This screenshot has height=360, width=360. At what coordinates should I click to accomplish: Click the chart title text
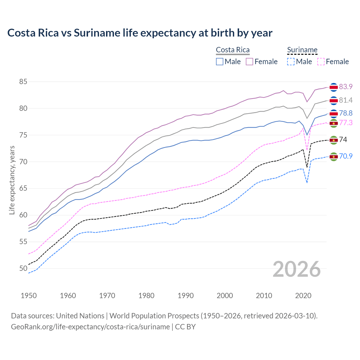pyautogui.click(x=140, y=33)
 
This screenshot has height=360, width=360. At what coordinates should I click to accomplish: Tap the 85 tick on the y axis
pyautogui.click(x=23, y=82)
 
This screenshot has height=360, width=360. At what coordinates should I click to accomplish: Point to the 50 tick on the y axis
pyautogui.click(x=23, y=269)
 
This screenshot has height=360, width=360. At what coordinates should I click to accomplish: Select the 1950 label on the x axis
pyautogui.click(x=29, y=296)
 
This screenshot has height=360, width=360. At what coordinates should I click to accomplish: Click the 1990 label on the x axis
pyautogui.click(x=186, y=296)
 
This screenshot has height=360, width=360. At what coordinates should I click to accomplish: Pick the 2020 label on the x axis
pyautogui.click(x=303, y=296)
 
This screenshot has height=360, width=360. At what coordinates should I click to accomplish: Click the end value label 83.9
pyautogui.click(x=346, y=87)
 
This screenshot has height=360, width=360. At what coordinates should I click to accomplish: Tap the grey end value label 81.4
pyautogui.click(x=346, y=100)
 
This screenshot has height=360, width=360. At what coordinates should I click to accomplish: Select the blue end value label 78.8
pyautogui.click(x=346, y=113)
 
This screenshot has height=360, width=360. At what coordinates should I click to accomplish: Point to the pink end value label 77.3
pyautogui.click(x=346, y=123)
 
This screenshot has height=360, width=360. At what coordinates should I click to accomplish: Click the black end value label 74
pyautogui.click(x=343, y=140)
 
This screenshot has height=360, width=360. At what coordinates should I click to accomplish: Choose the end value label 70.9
pyautogui.click(x=346, y=156)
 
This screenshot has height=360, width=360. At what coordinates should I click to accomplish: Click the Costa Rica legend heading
pyautogui.click(x=233, y=50)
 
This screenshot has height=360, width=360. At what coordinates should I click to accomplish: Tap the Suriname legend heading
pyautogui.click(x=302, y=50)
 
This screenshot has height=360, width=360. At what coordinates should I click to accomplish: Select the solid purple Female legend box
pyautogui.click(x=249, y=62)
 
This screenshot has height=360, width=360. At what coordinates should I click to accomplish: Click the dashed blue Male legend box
pyautogui.click(x=291, y=62)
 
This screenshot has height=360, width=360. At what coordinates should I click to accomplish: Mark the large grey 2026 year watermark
pyautogui.click(x=297, y=269)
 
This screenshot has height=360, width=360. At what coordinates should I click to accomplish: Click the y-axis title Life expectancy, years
pyautogui.click(x=12, y=180)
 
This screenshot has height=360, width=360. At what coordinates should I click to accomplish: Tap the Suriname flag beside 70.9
pyautogui.click(x=334, y=157)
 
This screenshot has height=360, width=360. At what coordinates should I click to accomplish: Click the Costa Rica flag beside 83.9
pyautogui.click(x=334, y=87)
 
